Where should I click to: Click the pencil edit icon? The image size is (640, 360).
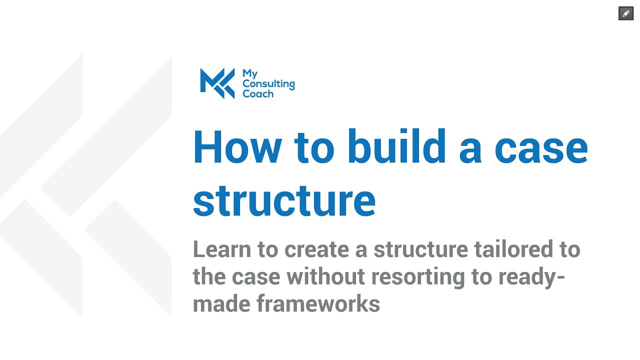pyautogui.click(x=626, y=13)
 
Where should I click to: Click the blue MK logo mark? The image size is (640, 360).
pyautogui.click(x=217, y=82)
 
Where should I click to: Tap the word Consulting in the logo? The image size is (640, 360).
pyautogui.click(x=268, y=84)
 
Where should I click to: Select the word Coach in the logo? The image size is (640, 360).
pyautogui.click(x=258, y=94)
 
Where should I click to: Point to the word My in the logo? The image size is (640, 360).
pyautogui.click(x=250, y=74)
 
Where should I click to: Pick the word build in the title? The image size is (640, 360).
pyautogui.click(x=396, y=147)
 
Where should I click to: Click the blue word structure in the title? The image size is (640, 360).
pyautogui.click(x=284, y=201)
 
